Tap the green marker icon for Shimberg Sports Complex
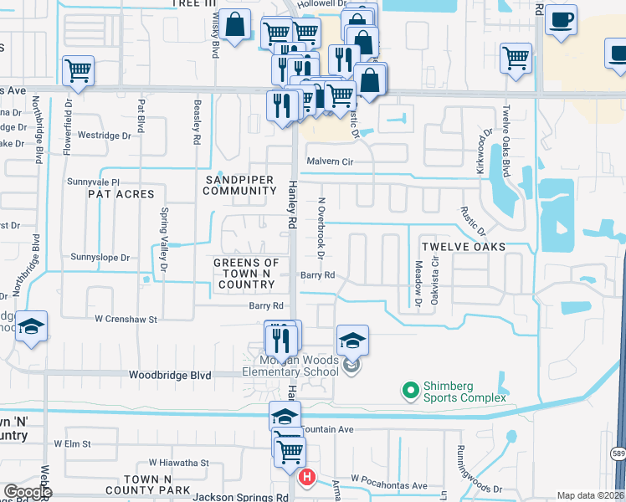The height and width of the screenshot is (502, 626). [x=410, y=390]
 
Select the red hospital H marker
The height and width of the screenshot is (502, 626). [x=306, y=478]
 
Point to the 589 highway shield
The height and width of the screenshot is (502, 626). [x=618, y=453]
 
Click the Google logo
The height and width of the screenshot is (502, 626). [x=27, y=492]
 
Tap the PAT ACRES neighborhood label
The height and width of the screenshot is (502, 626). [x=121, y=193]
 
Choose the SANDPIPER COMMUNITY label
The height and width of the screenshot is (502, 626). [x=239, y=185]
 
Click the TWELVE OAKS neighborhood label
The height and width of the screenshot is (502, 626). [x=463, y=247]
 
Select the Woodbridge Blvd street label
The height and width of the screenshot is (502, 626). [x=170, y=376]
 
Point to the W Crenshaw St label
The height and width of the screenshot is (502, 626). [x=126, y=318]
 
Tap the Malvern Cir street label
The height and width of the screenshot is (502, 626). [x=332, y=161]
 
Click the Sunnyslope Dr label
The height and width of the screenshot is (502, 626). [x=100, y=257]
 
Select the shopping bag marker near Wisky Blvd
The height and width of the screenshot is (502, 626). [x=237, y=25]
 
